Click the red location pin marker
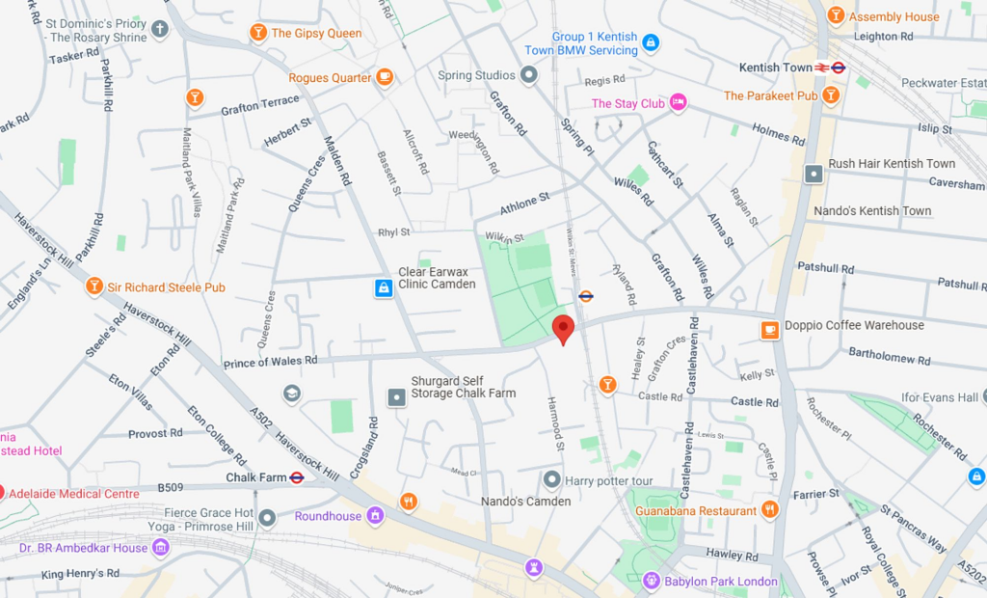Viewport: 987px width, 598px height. point(564,329)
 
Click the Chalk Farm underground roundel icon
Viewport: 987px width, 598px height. point(297,477)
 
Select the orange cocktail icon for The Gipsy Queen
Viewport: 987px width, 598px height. point(257,33)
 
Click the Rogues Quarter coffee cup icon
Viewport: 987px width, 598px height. point(385,77)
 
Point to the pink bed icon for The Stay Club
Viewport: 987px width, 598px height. point(679,102)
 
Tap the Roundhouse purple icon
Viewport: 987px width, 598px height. point(375,516)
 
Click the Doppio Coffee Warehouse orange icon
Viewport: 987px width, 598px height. point(769,330)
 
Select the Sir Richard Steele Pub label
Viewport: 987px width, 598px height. point(167,286)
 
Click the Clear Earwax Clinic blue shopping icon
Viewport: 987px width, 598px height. point(384,287)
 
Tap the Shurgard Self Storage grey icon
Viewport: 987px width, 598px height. point(396,396)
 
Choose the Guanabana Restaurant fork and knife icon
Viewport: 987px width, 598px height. point(769,509)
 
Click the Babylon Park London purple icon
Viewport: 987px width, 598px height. point(652,581)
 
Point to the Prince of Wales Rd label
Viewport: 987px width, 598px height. point(270,361)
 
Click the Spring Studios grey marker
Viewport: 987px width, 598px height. point(528,74)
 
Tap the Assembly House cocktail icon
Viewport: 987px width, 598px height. point(835,15)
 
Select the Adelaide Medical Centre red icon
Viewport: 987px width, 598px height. point(2,493)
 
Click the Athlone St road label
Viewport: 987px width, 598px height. point(524,204)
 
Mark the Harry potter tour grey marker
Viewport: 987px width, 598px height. point(551,479)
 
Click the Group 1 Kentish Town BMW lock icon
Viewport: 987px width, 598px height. point(651,42)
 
